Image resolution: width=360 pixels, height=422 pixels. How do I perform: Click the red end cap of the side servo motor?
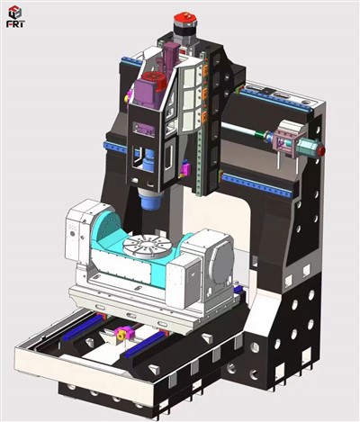318,148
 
